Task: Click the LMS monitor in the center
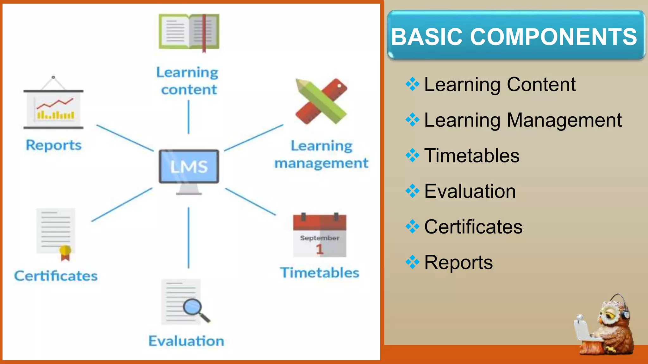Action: click(x=189, y=167)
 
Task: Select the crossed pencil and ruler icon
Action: click(x=321, y=101)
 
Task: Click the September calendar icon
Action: click(x=320, y=235)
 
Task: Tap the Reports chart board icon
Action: click(x=53, y=109)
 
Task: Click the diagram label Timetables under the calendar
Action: click(x=320, y=273)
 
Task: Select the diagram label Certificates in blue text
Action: click(x=56, y=276)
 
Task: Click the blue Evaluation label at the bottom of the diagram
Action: click(x=186, y=341)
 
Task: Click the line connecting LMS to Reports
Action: click(x=125, y=138)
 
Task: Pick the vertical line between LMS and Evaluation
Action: click(x=189, y=238)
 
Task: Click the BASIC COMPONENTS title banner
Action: click(x=516, y=35)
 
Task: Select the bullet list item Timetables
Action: click(x=471, y=155)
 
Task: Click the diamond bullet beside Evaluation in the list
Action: click(x=412, y=191)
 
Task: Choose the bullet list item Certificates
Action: click(x=473, y=227)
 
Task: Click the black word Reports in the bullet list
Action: click(x=458, y=262)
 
